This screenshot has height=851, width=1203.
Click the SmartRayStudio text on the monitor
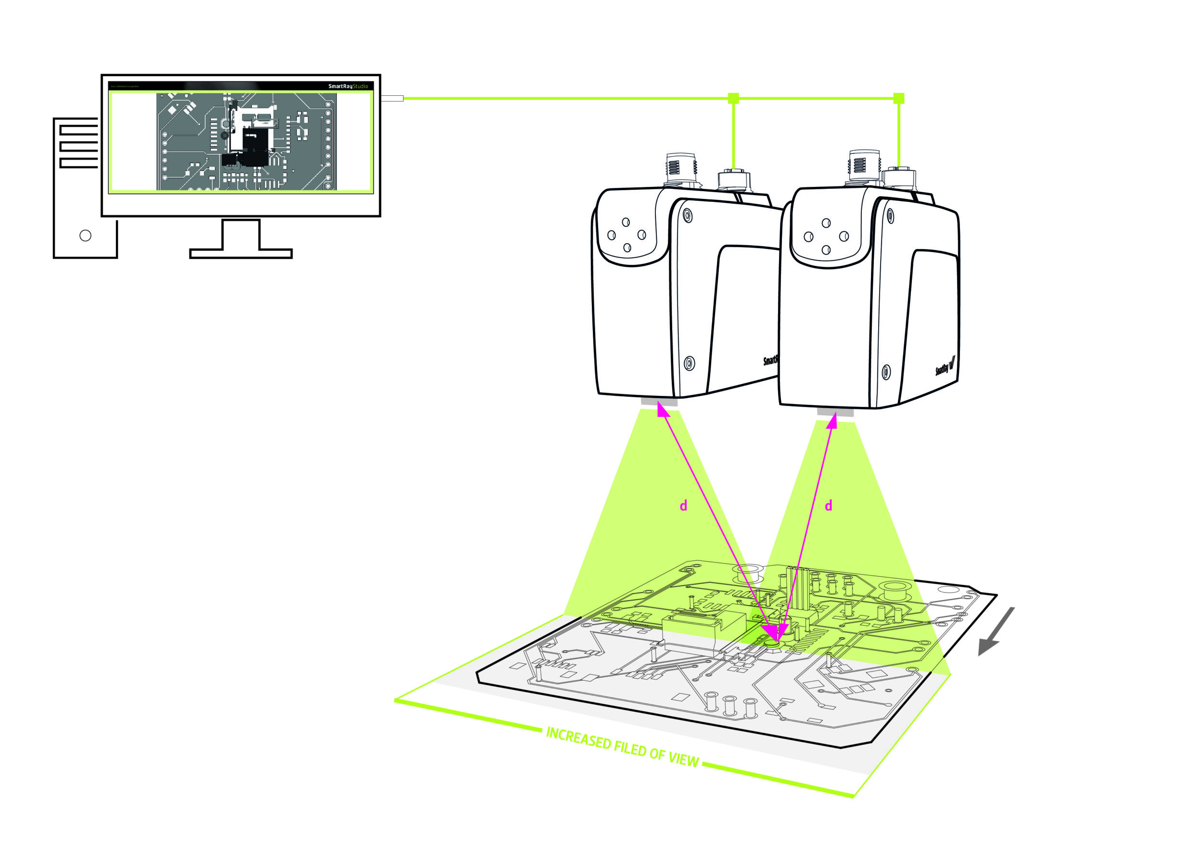tap(348, 86)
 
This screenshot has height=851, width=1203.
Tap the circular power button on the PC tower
tap(85, 236)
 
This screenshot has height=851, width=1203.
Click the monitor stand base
tap(241, 254)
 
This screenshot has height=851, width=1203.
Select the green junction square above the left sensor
tap(733, 98)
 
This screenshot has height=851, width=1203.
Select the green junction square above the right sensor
tap(898, 98)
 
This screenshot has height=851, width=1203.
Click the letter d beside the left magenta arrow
tap(683, 506)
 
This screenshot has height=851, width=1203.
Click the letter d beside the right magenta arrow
tap(828, 506)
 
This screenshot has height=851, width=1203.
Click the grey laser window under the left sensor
tap(659, 402)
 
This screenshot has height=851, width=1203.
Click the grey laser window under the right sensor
tap(835, 413)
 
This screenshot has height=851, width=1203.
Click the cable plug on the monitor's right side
tap(393, 98)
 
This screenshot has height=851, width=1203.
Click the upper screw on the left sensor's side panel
tap(688, 215)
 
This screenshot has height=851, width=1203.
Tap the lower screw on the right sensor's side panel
tap(886, 372)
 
